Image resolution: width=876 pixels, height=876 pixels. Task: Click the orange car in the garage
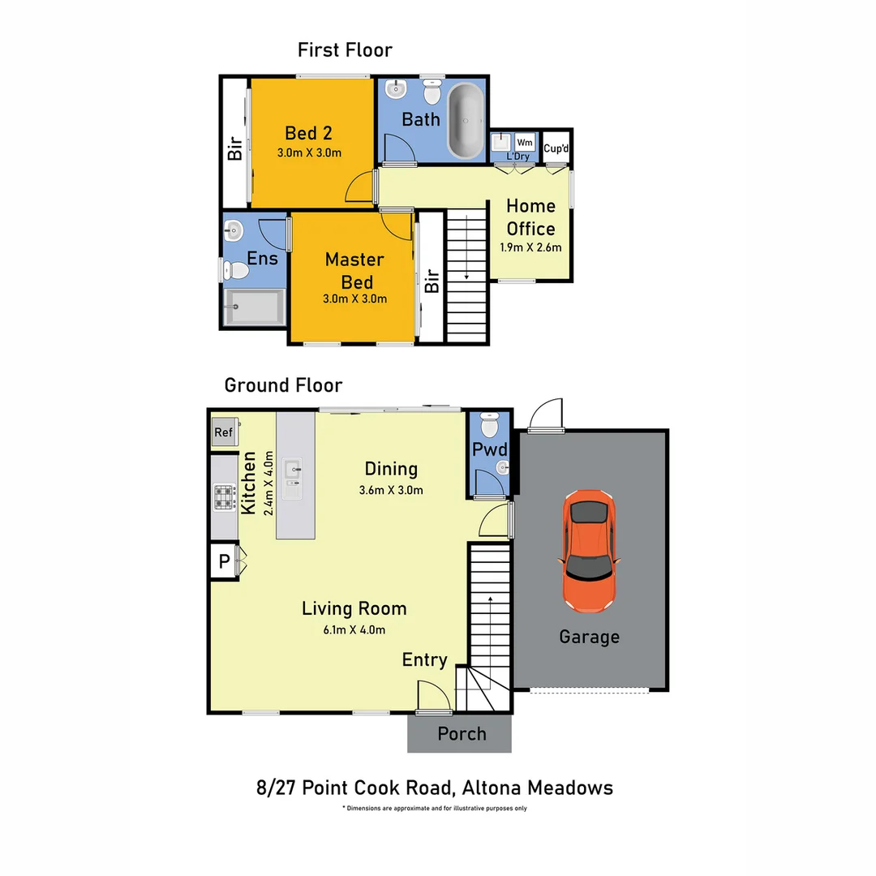(588, 551)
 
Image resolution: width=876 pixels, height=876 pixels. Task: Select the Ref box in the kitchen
(223, 432)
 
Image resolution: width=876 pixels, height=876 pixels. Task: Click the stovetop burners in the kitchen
(224, 496)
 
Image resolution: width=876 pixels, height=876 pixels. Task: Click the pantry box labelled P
(223, 560)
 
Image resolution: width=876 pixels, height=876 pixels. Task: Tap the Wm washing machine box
(524, 142)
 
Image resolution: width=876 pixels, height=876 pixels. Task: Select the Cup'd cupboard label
(556, 148)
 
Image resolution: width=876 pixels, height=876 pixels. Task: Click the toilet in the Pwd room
(490, 425)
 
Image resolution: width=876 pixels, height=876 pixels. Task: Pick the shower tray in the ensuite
(253, 307)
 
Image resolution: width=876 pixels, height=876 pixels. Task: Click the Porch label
(462, 734)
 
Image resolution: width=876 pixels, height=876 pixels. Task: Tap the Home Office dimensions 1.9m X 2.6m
(531, 248)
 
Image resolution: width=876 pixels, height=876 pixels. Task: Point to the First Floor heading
(345, 50)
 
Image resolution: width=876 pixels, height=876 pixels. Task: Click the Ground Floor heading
(283, 384)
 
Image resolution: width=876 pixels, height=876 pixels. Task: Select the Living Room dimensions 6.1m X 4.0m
(354, 629)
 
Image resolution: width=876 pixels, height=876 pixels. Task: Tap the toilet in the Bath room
(432, 92)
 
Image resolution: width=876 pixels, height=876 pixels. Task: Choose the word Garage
(589, 637)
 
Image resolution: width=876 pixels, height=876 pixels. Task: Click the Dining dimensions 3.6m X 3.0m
(391, 489)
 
